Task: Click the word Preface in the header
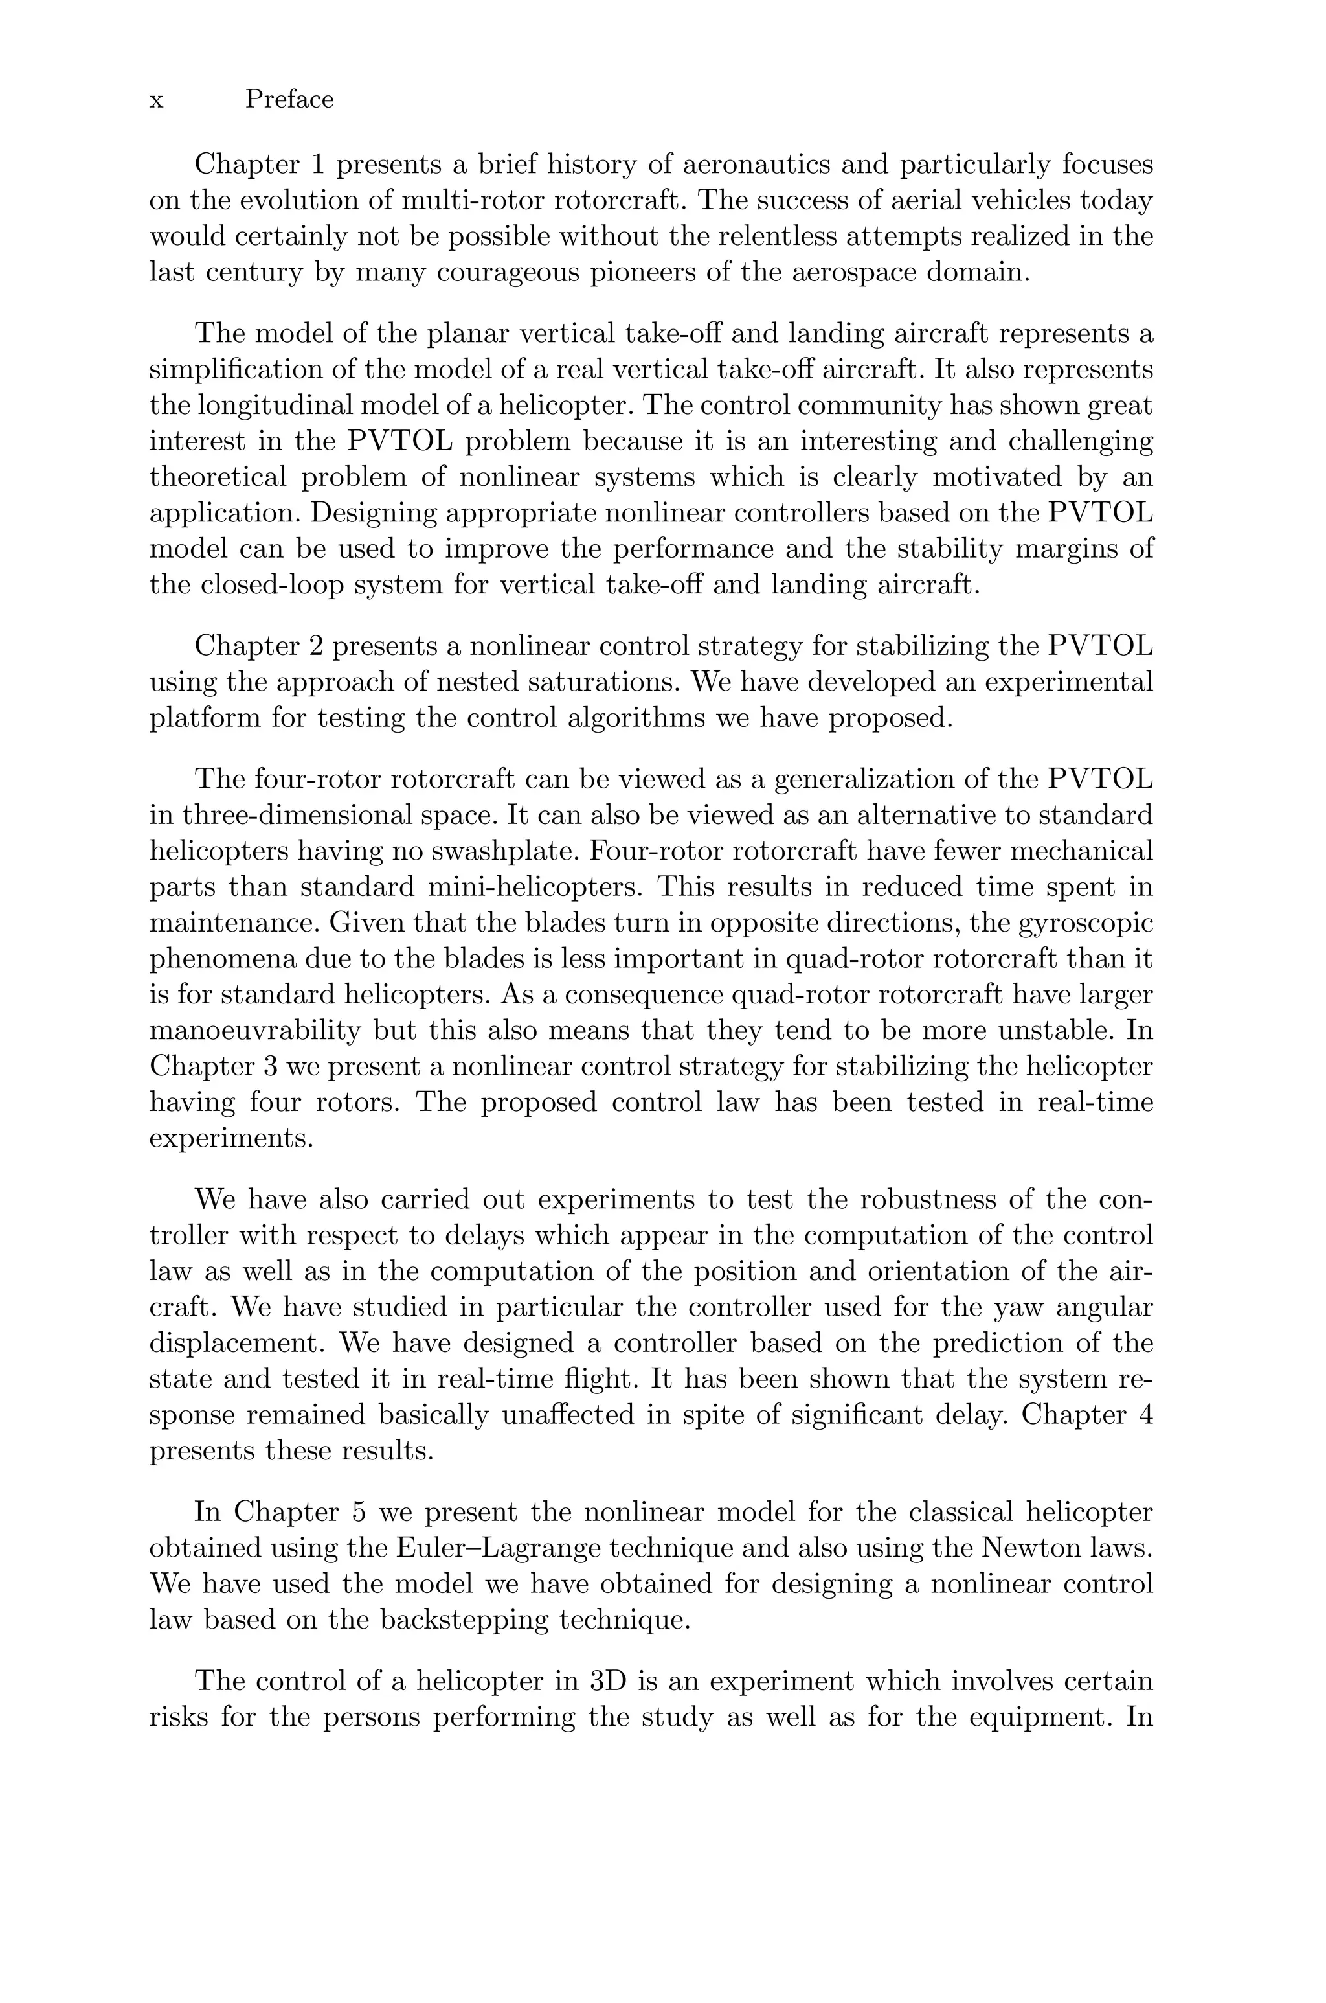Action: pos(289,100)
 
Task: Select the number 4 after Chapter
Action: pos(1144,1414)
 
